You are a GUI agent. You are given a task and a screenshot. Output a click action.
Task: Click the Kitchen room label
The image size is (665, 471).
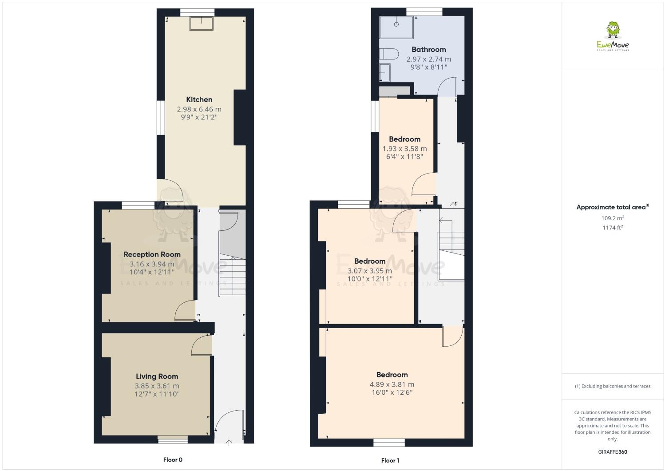click(x=199, y=99)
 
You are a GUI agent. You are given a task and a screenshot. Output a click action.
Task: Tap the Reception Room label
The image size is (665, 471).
click(x=152, y=254)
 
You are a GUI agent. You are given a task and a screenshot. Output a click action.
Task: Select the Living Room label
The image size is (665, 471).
click(x=157, y=376)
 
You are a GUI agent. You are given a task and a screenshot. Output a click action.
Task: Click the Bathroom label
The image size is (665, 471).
click(x=428, y=49)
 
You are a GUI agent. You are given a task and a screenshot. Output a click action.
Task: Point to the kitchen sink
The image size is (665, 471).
click(x=202, y=24)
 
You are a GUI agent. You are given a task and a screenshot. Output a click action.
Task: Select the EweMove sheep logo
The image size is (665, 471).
click(x=613, y=36)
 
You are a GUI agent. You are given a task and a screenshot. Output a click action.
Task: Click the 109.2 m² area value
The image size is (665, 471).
click(x=613, y=218)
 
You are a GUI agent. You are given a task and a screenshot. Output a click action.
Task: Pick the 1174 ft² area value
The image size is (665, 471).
click(x=613, y=227)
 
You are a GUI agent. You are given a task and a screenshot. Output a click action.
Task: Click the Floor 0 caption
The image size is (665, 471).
click(x=173, y=460)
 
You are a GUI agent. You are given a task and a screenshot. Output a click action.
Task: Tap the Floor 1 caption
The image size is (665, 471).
click(x=390, y=460)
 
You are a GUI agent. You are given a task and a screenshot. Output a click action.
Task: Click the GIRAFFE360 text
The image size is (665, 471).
click(x=613, y=452)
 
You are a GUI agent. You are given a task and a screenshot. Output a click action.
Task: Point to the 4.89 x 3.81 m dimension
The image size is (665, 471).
click(x=392, y=384)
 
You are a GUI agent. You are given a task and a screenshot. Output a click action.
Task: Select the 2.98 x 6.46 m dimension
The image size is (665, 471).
click(x=199, y=109)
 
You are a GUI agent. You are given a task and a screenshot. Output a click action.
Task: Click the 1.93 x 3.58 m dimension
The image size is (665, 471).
click(x=404, y=149)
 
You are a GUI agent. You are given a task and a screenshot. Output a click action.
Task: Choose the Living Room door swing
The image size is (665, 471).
click(x=202, y=345)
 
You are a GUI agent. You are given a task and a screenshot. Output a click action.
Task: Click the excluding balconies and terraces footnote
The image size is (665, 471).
click(x=613, y=386)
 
